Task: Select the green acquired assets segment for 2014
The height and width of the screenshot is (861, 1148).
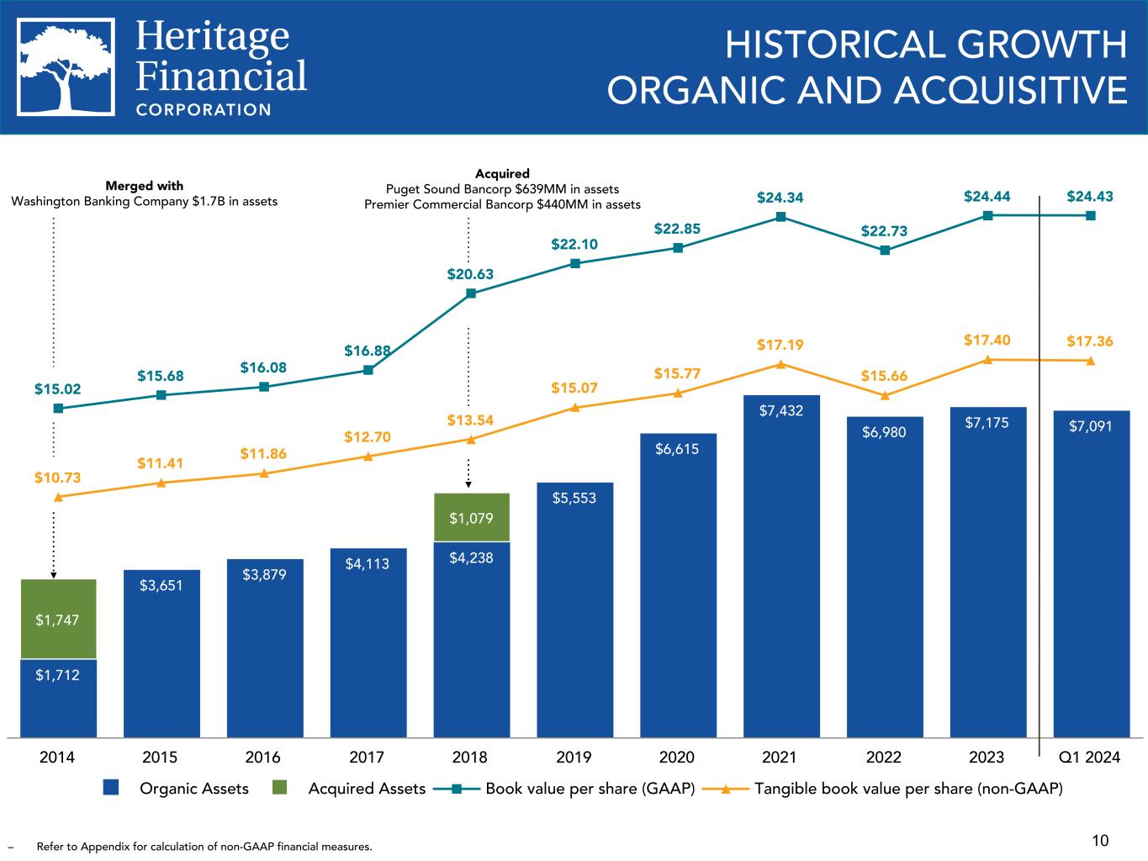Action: pos(58,620)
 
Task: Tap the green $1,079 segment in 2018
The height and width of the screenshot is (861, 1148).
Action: pos(471,517)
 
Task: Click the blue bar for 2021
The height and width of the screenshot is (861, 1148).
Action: pos(780,572)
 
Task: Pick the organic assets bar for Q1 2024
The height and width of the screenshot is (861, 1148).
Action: pos(1091,580)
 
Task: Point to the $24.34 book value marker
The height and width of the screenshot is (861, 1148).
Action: pos(780,217)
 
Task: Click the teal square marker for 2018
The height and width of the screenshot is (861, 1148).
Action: pos(471,293)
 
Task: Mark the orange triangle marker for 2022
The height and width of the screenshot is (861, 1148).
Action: pos(885,395)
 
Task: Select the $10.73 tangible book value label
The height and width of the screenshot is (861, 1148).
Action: pos(58,478)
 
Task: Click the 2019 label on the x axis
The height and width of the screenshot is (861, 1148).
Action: pos(574,758)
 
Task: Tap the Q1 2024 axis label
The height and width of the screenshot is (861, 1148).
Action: pos(1090,758)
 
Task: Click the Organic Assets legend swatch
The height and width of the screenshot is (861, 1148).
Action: pos(113,788)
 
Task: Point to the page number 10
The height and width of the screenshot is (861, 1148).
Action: pos(1100,840)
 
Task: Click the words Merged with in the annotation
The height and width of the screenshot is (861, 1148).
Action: pos(144,186)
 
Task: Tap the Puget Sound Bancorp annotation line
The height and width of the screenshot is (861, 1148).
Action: pos(502,189)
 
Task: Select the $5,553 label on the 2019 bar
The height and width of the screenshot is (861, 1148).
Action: pos(574,498)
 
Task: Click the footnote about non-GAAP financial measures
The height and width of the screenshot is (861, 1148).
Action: pos(204,846)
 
